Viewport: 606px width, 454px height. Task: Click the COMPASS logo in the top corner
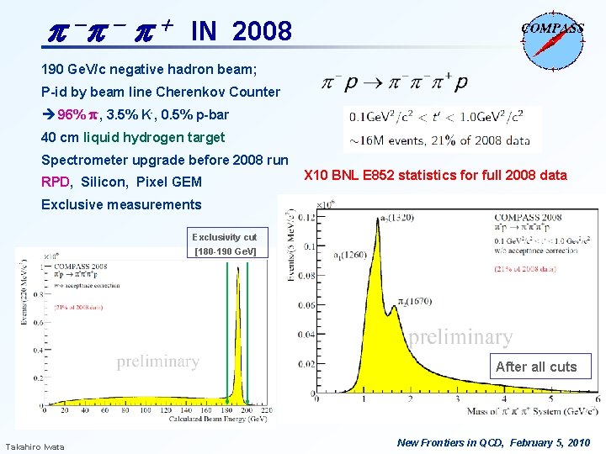tap(551, 34)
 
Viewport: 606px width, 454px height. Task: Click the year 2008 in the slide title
tap(261, 32)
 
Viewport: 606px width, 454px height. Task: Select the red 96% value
tap(69, 114)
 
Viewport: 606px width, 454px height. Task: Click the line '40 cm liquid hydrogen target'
tap(133, 137)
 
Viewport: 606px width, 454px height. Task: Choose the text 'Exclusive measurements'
tap(121, 204)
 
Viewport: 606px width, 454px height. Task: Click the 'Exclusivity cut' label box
tap(224, 244)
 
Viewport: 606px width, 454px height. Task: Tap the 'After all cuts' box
tap(536, 367)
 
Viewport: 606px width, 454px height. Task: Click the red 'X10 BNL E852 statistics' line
tap(435, 176)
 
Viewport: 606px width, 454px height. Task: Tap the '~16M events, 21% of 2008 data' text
tap(437, 140)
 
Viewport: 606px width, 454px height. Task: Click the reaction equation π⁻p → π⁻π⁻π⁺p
tap(395, 83)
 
